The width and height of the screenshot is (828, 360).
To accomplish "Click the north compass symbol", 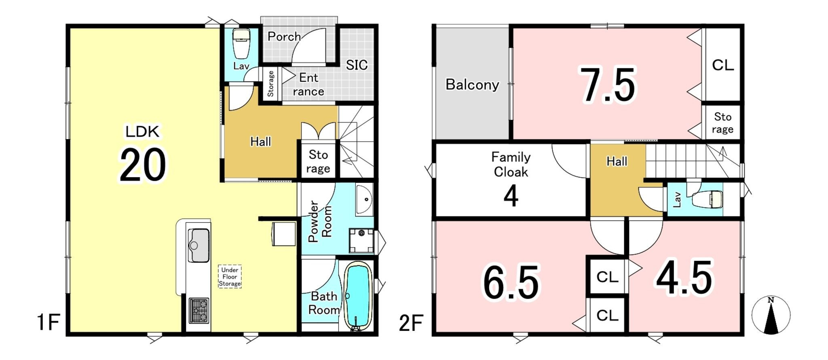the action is point(771,315).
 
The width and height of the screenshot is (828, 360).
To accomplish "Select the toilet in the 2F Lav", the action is point(707,199).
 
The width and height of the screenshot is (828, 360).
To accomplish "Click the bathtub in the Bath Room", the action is point(357,295).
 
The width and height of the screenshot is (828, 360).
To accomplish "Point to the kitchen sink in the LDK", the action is point(199,245).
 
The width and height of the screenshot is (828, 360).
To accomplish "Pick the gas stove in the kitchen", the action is point(199,311).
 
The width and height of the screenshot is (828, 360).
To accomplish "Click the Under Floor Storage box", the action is point(230,277).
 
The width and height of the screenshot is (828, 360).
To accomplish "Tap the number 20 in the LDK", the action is point(142,165).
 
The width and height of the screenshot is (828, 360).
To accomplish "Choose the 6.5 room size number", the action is point(511,282).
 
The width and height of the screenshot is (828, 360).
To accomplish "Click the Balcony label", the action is point(472,85).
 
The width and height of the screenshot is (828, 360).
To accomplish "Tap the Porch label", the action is point(284,36).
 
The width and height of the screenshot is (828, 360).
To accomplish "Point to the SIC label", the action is point(357,65).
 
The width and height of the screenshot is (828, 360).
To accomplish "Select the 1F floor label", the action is point(49,323).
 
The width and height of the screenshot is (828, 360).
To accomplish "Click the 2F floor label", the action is point(411,323).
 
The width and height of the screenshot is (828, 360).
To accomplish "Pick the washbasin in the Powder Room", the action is point(365,199).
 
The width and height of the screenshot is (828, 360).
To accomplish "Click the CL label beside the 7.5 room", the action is point(723,65).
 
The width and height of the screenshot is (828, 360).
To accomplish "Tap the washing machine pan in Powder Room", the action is point(361,241).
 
